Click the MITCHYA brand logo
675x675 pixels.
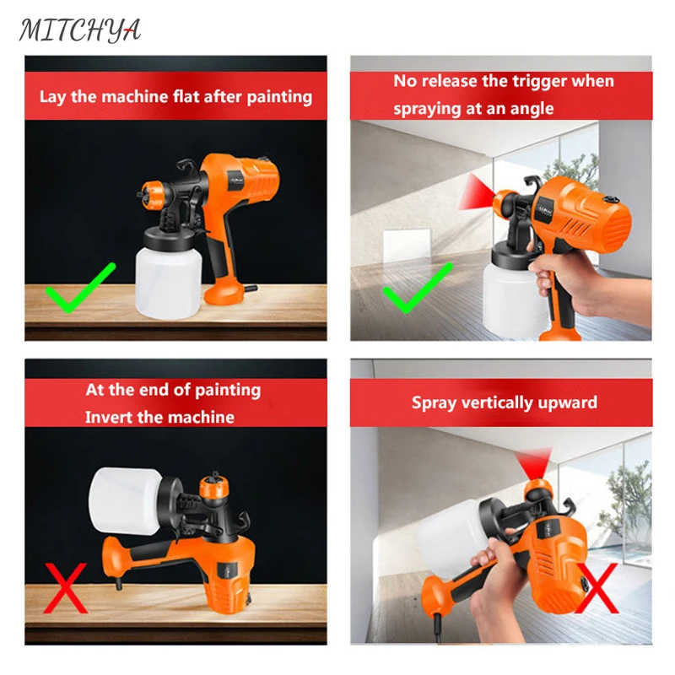pyautogui.click(x=80, y=30)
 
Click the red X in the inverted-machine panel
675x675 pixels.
pyautogui.click(x=66, y=588)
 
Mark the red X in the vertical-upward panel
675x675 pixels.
pyautogui.click(x=597, y=588)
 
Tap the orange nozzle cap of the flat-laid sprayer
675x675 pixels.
pyautogui.click(x=153, y=195)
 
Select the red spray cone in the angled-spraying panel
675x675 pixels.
pyautogui.click(x=476, y=192)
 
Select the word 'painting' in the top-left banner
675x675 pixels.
pyautogui.click(x=279, y=97)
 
